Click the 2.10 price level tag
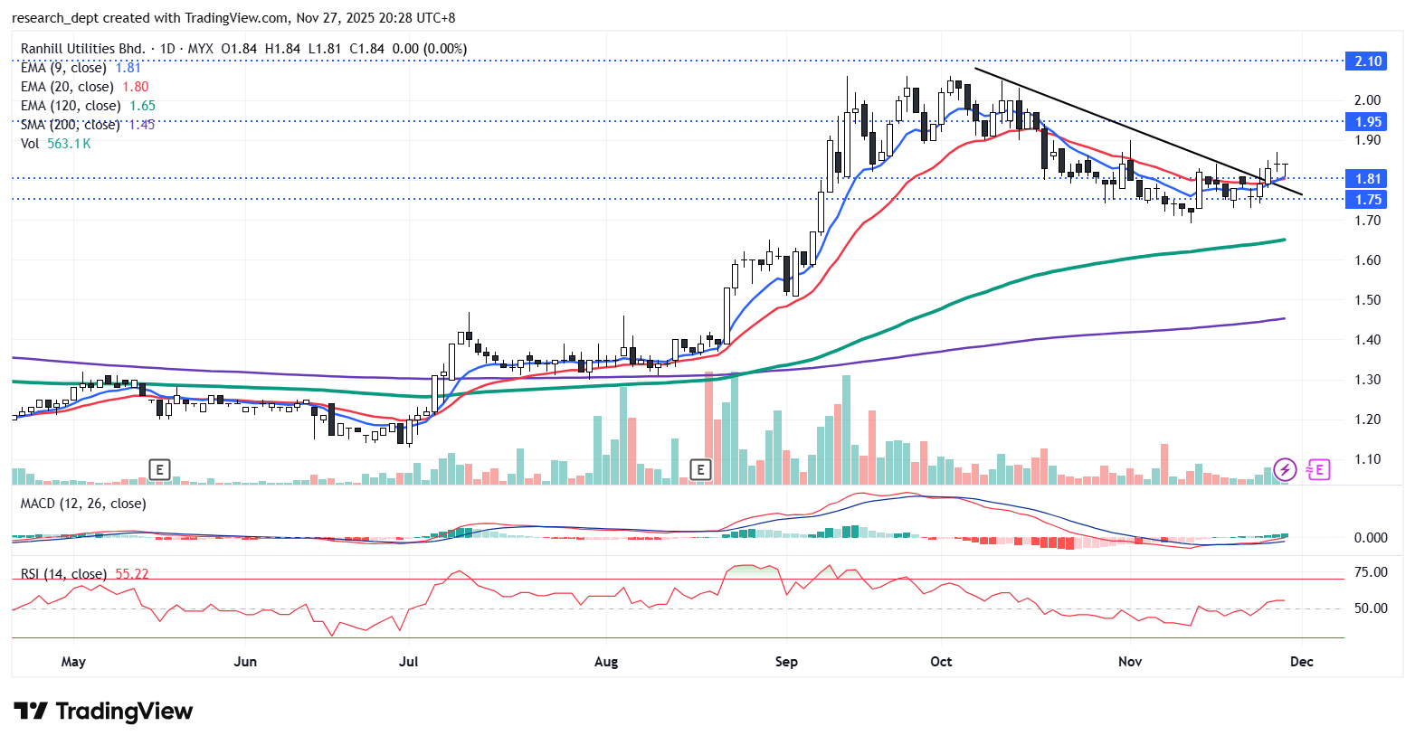click(x=1367, y=61)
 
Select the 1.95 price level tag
click(x=1367, y=121)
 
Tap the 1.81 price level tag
click(x=1367, y=179)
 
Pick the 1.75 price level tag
click(x=1367, y=200)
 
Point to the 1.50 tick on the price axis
click(x=1367, y=300)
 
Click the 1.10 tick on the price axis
click(x=1367, y=459)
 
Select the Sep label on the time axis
click(x=786, y=662)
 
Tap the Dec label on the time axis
click(x=1301, y=662)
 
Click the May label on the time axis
click(x=73, y=662)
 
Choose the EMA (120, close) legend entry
click(x=71, y=106)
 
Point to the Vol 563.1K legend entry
click(x=56, y=144)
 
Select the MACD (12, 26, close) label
click(x=83, y=504)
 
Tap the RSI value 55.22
click(x=131, y=574)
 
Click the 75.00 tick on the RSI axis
click(x=1371, y=572)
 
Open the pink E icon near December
click(x=1318, y=469)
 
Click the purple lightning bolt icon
click(x=1285, y=469)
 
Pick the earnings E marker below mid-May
click(x=159, y=469)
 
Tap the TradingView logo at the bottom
click(x=103, y=712)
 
